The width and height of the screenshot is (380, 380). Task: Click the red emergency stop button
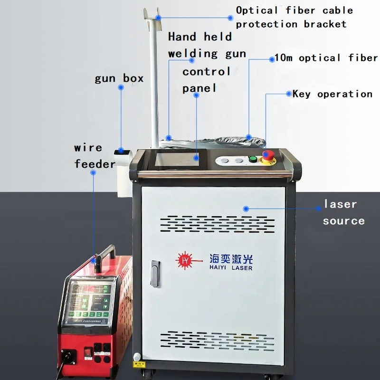tap(268, 155)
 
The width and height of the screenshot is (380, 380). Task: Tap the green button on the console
tap(253, 159)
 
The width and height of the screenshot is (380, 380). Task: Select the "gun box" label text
tap(119, 78)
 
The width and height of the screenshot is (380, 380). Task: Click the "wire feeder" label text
tap(95, 155)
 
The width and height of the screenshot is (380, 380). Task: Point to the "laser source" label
tap(343, 212)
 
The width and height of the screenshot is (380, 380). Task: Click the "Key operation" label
tap(332, 94)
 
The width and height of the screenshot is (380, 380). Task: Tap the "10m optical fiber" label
tap(326, 58)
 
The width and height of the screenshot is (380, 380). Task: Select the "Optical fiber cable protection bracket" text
tap(294, 17)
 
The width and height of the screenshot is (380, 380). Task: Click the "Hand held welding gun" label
tap(207, 45)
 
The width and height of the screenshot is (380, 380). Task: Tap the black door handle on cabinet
tap(154, 273)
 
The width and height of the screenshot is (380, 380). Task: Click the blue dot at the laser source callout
tap(246, 208)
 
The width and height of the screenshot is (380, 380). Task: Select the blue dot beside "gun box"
tap(121, 87)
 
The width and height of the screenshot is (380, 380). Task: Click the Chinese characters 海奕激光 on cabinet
tap(231, 258)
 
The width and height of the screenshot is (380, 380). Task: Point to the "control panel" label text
tap(206, 79)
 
